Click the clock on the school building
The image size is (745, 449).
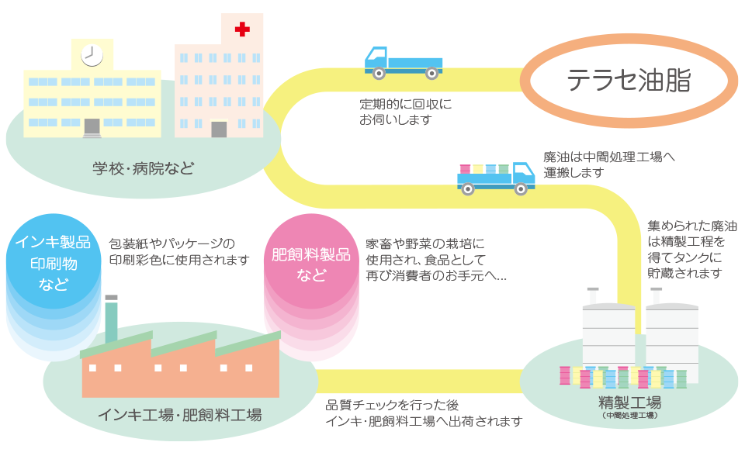pyautogui.click(x=92, y=54)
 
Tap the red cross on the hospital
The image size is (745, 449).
pyautogui.click(x=242, y=29)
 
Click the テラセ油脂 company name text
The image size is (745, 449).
pyautogui.click(x=629, y=80)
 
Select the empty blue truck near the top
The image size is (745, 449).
pyautogui.click(x=402, y=62)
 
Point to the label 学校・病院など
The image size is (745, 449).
pyautogui.click(x=143, y=168)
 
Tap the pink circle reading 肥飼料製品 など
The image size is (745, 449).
pyautogui.click(x=311, y=264)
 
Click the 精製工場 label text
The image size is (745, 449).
pyautogui.click(x=629, y=402)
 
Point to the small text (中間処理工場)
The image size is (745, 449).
pyautogui.click(x=629, y=416)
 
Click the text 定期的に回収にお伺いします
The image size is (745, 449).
pyautogui.click(x=404, y=112)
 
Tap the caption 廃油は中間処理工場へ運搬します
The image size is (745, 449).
pyautogui.click(x=608, y=164)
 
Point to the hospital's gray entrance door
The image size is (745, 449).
pyautogui.click(x=219, y=128)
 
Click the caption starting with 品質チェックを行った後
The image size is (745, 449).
pyautogui.click(x=423, y=413)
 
